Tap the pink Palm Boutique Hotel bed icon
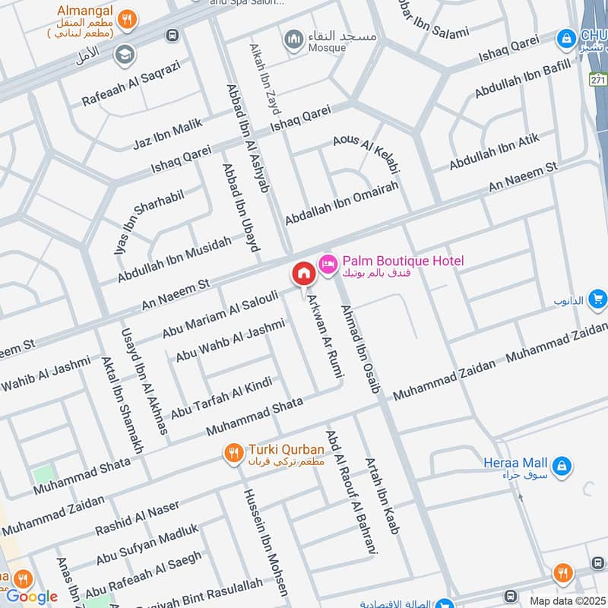(x=328, y=264)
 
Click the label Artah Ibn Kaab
(x=382, y=495)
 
